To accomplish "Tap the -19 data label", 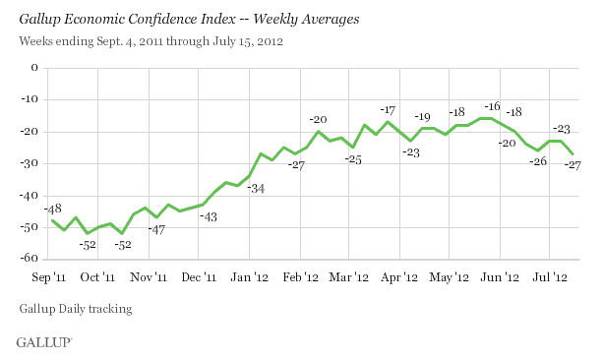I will (x=423, y=117).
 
